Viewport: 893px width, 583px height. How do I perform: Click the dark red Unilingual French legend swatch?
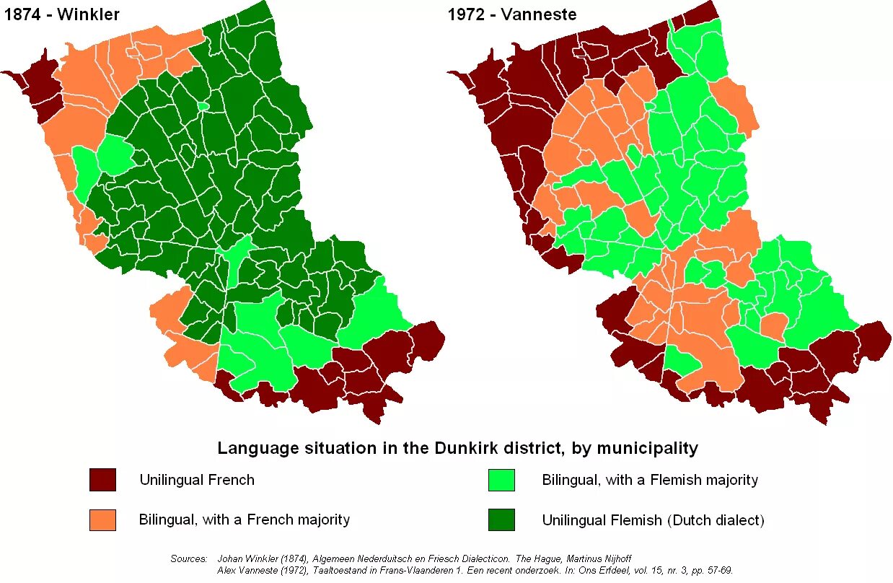click(102, 480)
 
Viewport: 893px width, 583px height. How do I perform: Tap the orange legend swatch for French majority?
click(102, 520)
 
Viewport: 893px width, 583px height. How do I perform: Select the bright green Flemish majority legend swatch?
click(501, 480)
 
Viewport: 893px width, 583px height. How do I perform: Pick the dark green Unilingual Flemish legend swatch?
click(501, 520)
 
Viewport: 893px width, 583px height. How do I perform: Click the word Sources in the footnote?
click(188, 558)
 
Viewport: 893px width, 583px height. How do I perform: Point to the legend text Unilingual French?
click(197, 480)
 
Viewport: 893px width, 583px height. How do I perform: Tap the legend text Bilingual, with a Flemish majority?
click(650, 480)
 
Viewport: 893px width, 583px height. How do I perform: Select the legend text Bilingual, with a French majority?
click(245, 520)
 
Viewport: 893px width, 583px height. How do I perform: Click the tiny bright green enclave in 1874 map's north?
click(203, 106)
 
